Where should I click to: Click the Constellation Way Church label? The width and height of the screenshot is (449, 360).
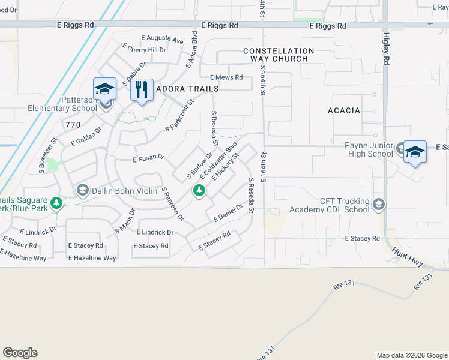click(278, 55)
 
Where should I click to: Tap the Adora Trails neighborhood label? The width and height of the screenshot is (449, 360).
click(187, 88)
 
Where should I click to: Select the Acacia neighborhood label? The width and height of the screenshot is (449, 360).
click(344, 110)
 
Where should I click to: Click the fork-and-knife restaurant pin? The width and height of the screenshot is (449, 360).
click(142, 91)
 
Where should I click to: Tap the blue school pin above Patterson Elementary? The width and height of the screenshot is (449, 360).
click(104, 89)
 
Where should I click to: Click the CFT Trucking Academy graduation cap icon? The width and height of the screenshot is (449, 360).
click(378, 205)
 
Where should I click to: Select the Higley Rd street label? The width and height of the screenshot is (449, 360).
click(386, 49)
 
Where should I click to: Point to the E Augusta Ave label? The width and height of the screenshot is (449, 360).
click(162, 39)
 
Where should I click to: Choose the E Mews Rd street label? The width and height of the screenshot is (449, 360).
click(226, 77)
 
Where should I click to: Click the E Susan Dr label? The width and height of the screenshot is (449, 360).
click(148, 157)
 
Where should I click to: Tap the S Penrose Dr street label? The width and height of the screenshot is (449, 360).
click(172, 203)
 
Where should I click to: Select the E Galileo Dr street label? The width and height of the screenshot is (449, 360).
click(86, 136)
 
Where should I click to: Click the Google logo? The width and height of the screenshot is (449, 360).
click(20, 353)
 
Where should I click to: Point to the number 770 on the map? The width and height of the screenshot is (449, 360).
click(73, 124)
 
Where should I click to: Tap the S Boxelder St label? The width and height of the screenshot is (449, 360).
click(47, 155)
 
